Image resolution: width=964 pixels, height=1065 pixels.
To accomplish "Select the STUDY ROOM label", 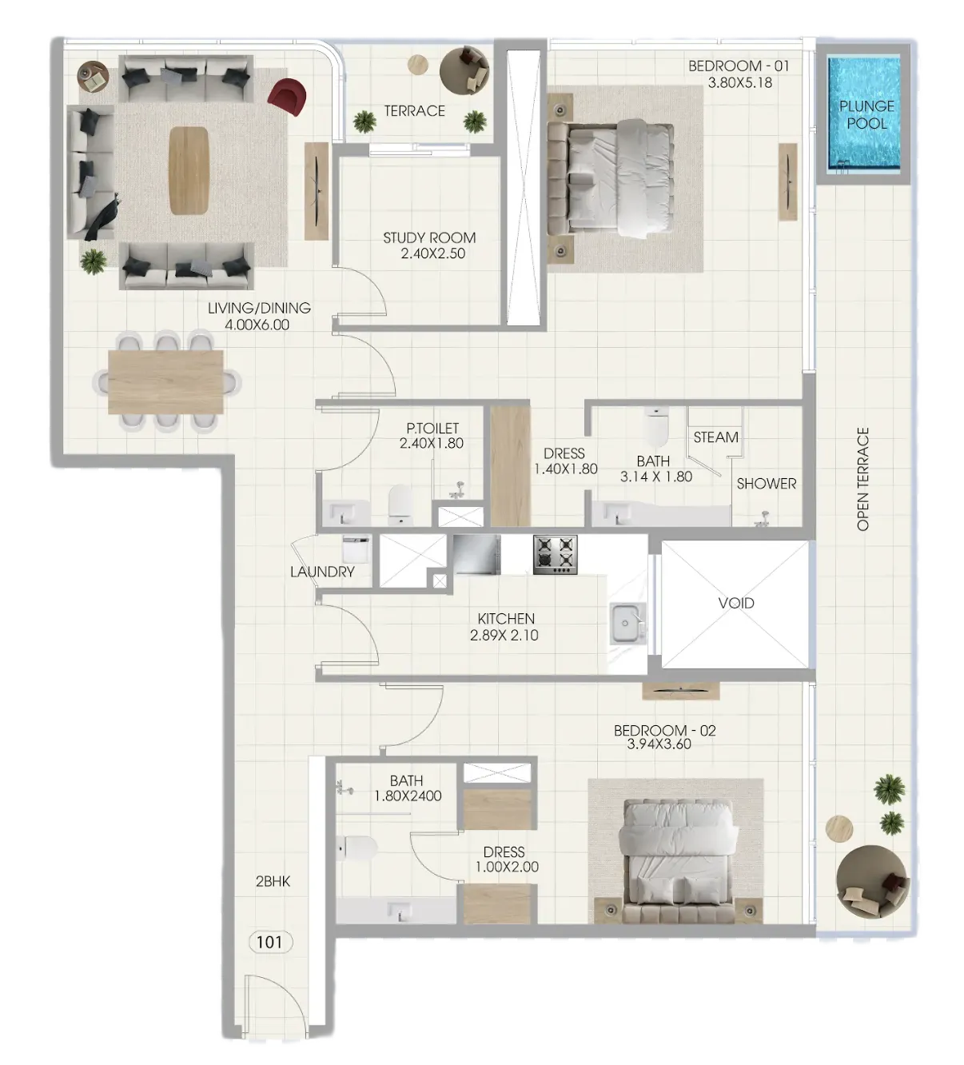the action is [x=429, y=237].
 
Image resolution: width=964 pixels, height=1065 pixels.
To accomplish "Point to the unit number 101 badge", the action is [x=269, y=942].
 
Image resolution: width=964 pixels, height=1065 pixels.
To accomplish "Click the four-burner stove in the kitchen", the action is [x=556, y=555].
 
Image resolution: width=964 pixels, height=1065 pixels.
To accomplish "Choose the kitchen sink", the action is [x=628, y=624].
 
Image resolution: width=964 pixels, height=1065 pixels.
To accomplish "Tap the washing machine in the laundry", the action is [x=357, y=549].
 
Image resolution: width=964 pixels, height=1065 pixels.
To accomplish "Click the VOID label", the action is [x=735, y=603].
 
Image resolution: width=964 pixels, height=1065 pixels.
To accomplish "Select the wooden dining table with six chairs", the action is [x=165, y=381].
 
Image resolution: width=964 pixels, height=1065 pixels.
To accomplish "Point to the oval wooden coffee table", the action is [x=189, y=170].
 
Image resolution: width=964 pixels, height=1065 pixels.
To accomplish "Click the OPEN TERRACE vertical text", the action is [x=863, y=479].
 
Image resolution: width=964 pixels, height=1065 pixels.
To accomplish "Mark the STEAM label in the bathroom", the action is [x=715, y=437].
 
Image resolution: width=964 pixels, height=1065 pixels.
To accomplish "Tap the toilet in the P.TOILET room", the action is [x=400, y=505].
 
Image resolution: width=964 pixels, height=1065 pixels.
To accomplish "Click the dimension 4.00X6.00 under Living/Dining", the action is [x=257, y=325].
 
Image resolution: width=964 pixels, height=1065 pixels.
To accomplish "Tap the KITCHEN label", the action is [x=506, y=619].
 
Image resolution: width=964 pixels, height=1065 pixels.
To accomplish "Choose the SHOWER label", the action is [x=766, y=484].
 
